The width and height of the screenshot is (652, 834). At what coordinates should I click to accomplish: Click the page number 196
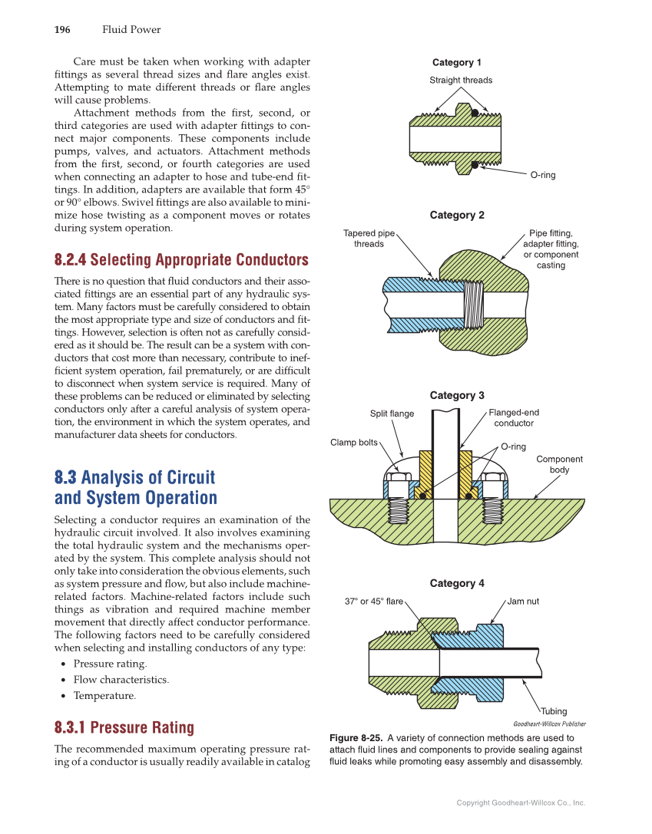coord(62,30)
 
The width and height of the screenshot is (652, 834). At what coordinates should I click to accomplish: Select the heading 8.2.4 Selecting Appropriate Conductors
coord(181,259)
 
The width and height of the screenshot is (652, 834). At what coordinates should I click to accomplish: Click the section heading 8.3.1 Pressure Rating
coord(124,727)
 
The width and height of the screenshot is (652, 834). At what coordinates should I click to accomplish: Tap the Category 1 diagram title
coord(457,63)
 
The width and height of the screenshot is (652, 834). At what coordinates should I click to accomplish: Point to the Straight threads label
coord(461,80)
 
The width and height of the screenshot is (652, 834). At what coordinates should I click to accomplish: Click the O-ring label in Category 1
coord(543,175)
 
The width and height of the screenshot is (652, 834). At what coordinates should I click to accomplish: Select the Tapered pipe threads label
coord(369,239)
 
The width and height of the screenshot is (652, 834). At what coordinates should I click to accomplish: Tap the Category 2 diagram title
coord(457,216)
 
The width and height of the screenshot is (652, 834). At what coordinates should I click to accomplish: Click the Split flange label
coord(392,414)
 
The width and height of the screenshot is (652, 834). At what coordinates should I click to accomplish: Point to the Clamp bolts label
coord(354,443)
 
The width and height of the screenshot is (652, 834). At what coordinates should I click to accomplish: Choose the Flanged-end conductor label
coord(514,418)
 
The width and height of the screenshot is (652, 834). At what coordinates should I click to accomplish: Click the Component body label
coord(559,464)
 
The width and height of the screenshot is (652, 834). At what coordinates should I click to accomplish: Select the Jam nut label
coord(523,602)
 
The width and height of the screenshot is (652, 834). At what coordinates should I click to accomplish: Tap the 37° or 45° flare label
coord(374,602)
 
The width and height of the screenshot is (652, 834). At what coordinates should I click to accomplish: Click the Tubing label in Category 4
coord(554,711)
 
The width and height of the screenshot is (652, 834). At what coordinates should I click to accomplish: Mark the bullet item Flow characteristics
coord(121,680)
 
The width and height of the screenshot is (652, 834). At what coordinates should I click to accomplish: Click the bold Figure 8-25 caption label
coord(356,738)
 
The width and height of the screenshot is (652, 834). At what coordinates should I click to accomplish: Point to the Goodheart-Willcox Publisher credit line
coord(549,724)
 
